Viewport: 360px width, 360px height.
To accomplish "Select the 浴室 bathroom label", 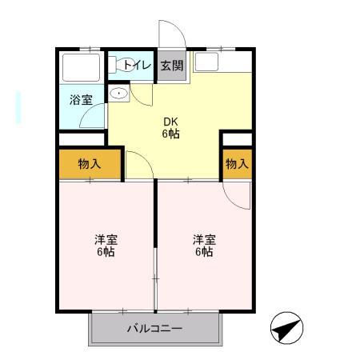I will coord(81,101).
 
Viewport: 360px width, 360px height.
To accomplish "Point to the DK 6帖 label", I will coord(170,127).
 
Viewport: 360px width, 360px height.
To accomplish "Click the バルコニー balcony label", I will coord(154,328).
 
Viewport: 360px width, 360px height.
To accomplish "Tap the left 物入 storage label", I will coord(89,164).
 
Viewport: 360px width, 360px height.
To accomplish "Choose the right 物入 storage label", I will coord(236,164).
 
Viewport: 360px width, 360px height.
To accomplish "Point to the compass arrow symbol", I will coord(286,328).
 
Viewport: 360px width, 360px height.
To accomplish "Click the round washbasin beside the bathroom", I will coord(119,94).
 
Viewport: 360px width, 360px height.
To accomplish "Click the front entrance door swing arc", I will coord(170,36).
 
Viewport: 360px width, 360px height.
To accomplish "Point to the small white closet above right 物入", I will coord(236,139).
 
